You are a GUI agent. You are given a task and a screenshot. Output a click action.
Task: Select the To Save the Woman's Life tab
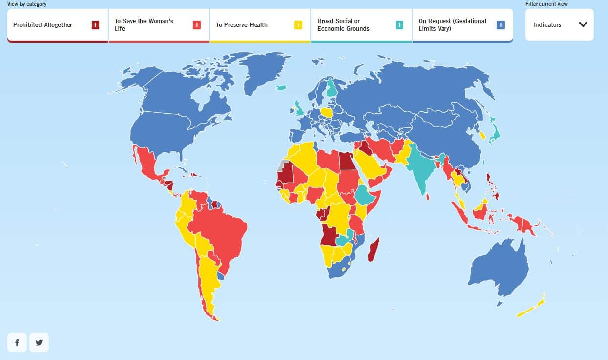[x=147, y=25]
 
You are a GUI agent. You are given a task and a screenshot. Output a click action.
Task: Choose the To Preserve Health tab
[x=245, y=25]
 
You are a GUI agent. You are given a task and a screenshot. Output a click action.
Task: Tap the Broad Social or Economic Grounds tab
[x=348, y=25]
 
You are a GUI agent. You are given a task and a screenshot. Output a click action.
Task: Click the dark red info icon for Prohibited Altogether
[x=95, y=25]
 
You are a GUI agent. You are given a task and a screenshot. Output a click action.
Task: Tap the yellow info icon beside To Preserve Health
[x=298, y=25]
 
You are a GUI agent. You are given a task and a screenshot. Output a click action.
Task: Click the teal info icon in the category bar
[x=399, y=25]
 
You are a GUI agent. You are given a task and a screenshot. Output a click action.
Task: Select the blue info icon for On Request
[x=500, y=25]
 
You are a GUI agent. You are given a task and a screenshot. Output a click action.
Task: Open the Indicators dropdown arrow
[x=583, y=24]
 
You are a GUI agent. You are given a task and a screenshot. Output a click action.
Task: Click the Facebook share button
[x=17, y=342]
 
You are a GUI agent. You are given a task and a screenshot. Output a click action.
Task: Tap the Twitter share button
[x=39, y=342]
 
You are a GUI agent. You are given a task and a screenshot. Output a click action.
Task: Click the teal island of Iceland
[x=281, y=88]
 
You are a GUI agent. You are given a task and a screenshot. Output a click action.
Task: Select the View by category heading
[x=27, y=4]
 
